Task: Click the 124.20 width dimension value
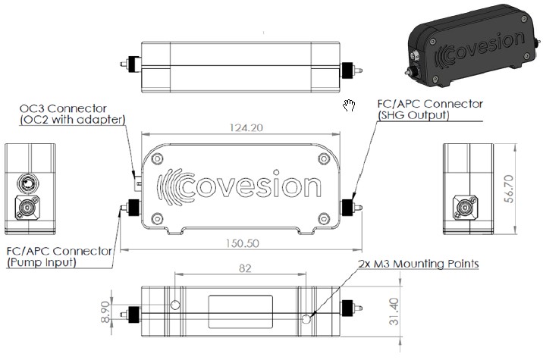click(x=246, y=128)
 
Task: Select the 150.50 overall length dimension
click(x=243, y=243)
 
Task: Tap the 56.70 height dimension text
click(x=509, y=189)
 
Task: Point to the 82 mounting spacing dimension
click(x=245, y=268)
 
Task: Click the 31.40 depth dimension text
click(x=394, y=311)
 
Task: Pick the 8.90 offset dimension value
click(x=105, y=312)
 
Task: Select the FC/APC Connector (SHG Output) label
click(x=430, y=109)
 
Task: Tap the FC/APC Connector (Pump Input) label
click(x=59, y=256)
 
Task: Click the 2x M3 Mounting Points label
click(x=419, y=264)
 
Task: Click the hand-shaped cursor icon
click(x=349, y=105)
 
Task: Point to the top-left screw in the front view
click(x=157, y=159)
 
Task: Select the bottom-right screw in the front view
click(x=324, y=219)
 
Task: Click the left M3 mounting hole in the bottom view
click(x=176, y=305)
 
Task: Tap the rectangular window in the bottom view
click(x=240, y=311)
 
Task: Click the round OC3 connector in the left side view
click(x=27, y=183)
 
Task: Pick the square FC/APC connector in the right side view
click(x=466, y=208)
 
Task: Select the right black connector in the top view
click(x=347, y=70)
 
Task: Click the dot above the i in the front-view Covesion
click(x=276, y=172)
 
